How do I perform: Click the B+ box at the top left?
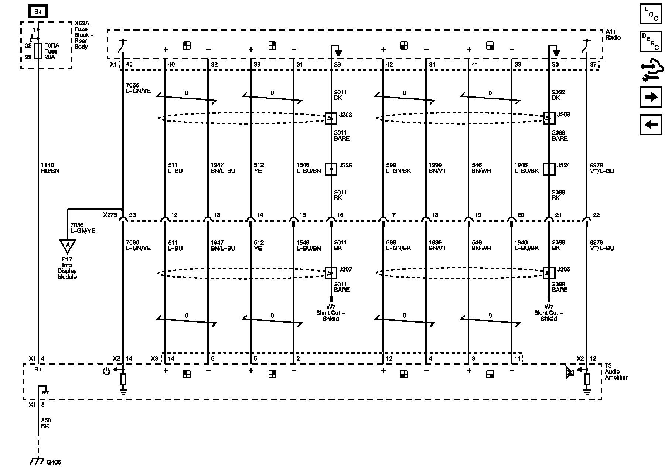[38, 12]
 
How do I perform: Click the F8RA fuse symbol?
[38, 51]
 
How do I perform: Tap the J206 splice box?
[331, 118]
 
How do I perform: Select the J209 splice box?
[549, 118]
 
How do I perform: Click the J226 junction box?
[331, 169]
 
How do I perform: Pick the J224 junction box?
[549, 169]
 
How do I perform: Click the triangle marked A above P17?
[67, 246]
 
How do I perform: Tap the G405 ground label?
[54, 462]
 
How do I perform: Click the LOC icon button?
[651, 13]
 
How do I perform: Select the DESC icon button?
[651, 41]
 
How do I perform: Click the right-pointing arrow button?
[651, 97]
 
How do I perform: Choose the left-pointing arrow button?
[651, 125]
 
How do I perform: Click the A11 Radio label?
[613, 35]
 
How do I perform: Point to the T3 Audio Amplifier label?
[616, 371]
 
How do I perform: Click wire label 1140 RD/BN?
[50, 168]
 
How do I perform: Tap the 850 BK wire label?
[46, 423]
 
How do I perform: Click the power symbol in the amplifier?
[106, 371]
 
